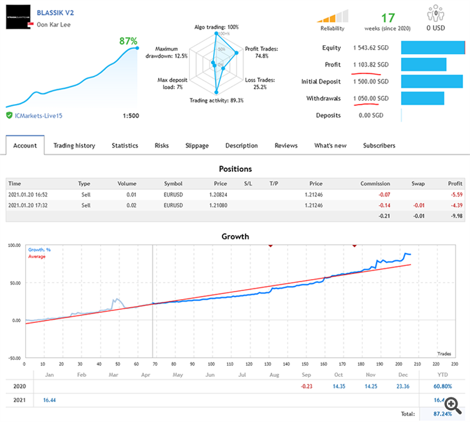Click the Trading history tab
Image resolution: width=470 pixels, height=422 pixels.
74,145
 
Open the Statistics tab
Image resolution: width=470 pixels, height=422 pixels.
125,145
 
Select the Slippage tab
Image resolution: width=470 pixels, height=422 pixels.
197,145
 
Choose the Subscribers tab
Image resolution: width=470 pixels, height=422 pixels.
379,145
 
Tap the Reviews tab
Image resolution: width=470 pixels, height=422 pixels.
286,145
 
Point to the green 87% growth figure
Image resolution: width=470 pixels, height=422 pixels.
128,41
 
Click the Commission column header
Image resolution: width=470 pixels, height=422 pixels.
375,184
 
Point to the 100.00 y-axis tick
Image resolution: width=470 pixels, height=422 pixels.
14,245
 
